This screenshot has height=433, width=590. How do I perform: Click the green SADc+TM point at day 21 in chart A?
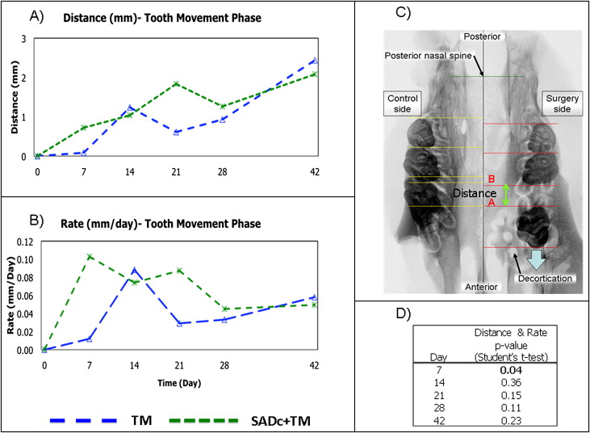tap(175, 83)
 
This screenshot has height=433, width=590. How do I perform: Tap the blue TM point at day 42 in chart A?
tap(315, 61)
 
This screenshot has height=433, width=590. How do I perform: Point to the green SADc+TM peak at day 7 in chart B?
tap(90, 256)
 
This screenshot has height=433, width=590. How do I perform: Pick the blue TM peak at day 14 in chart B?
tap(134, 270)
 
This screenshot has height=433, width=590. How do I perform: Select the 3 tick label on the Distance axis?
tap(24, 39)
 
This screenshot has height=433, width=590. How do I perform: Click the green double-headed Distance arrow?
tap(506, 194)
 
